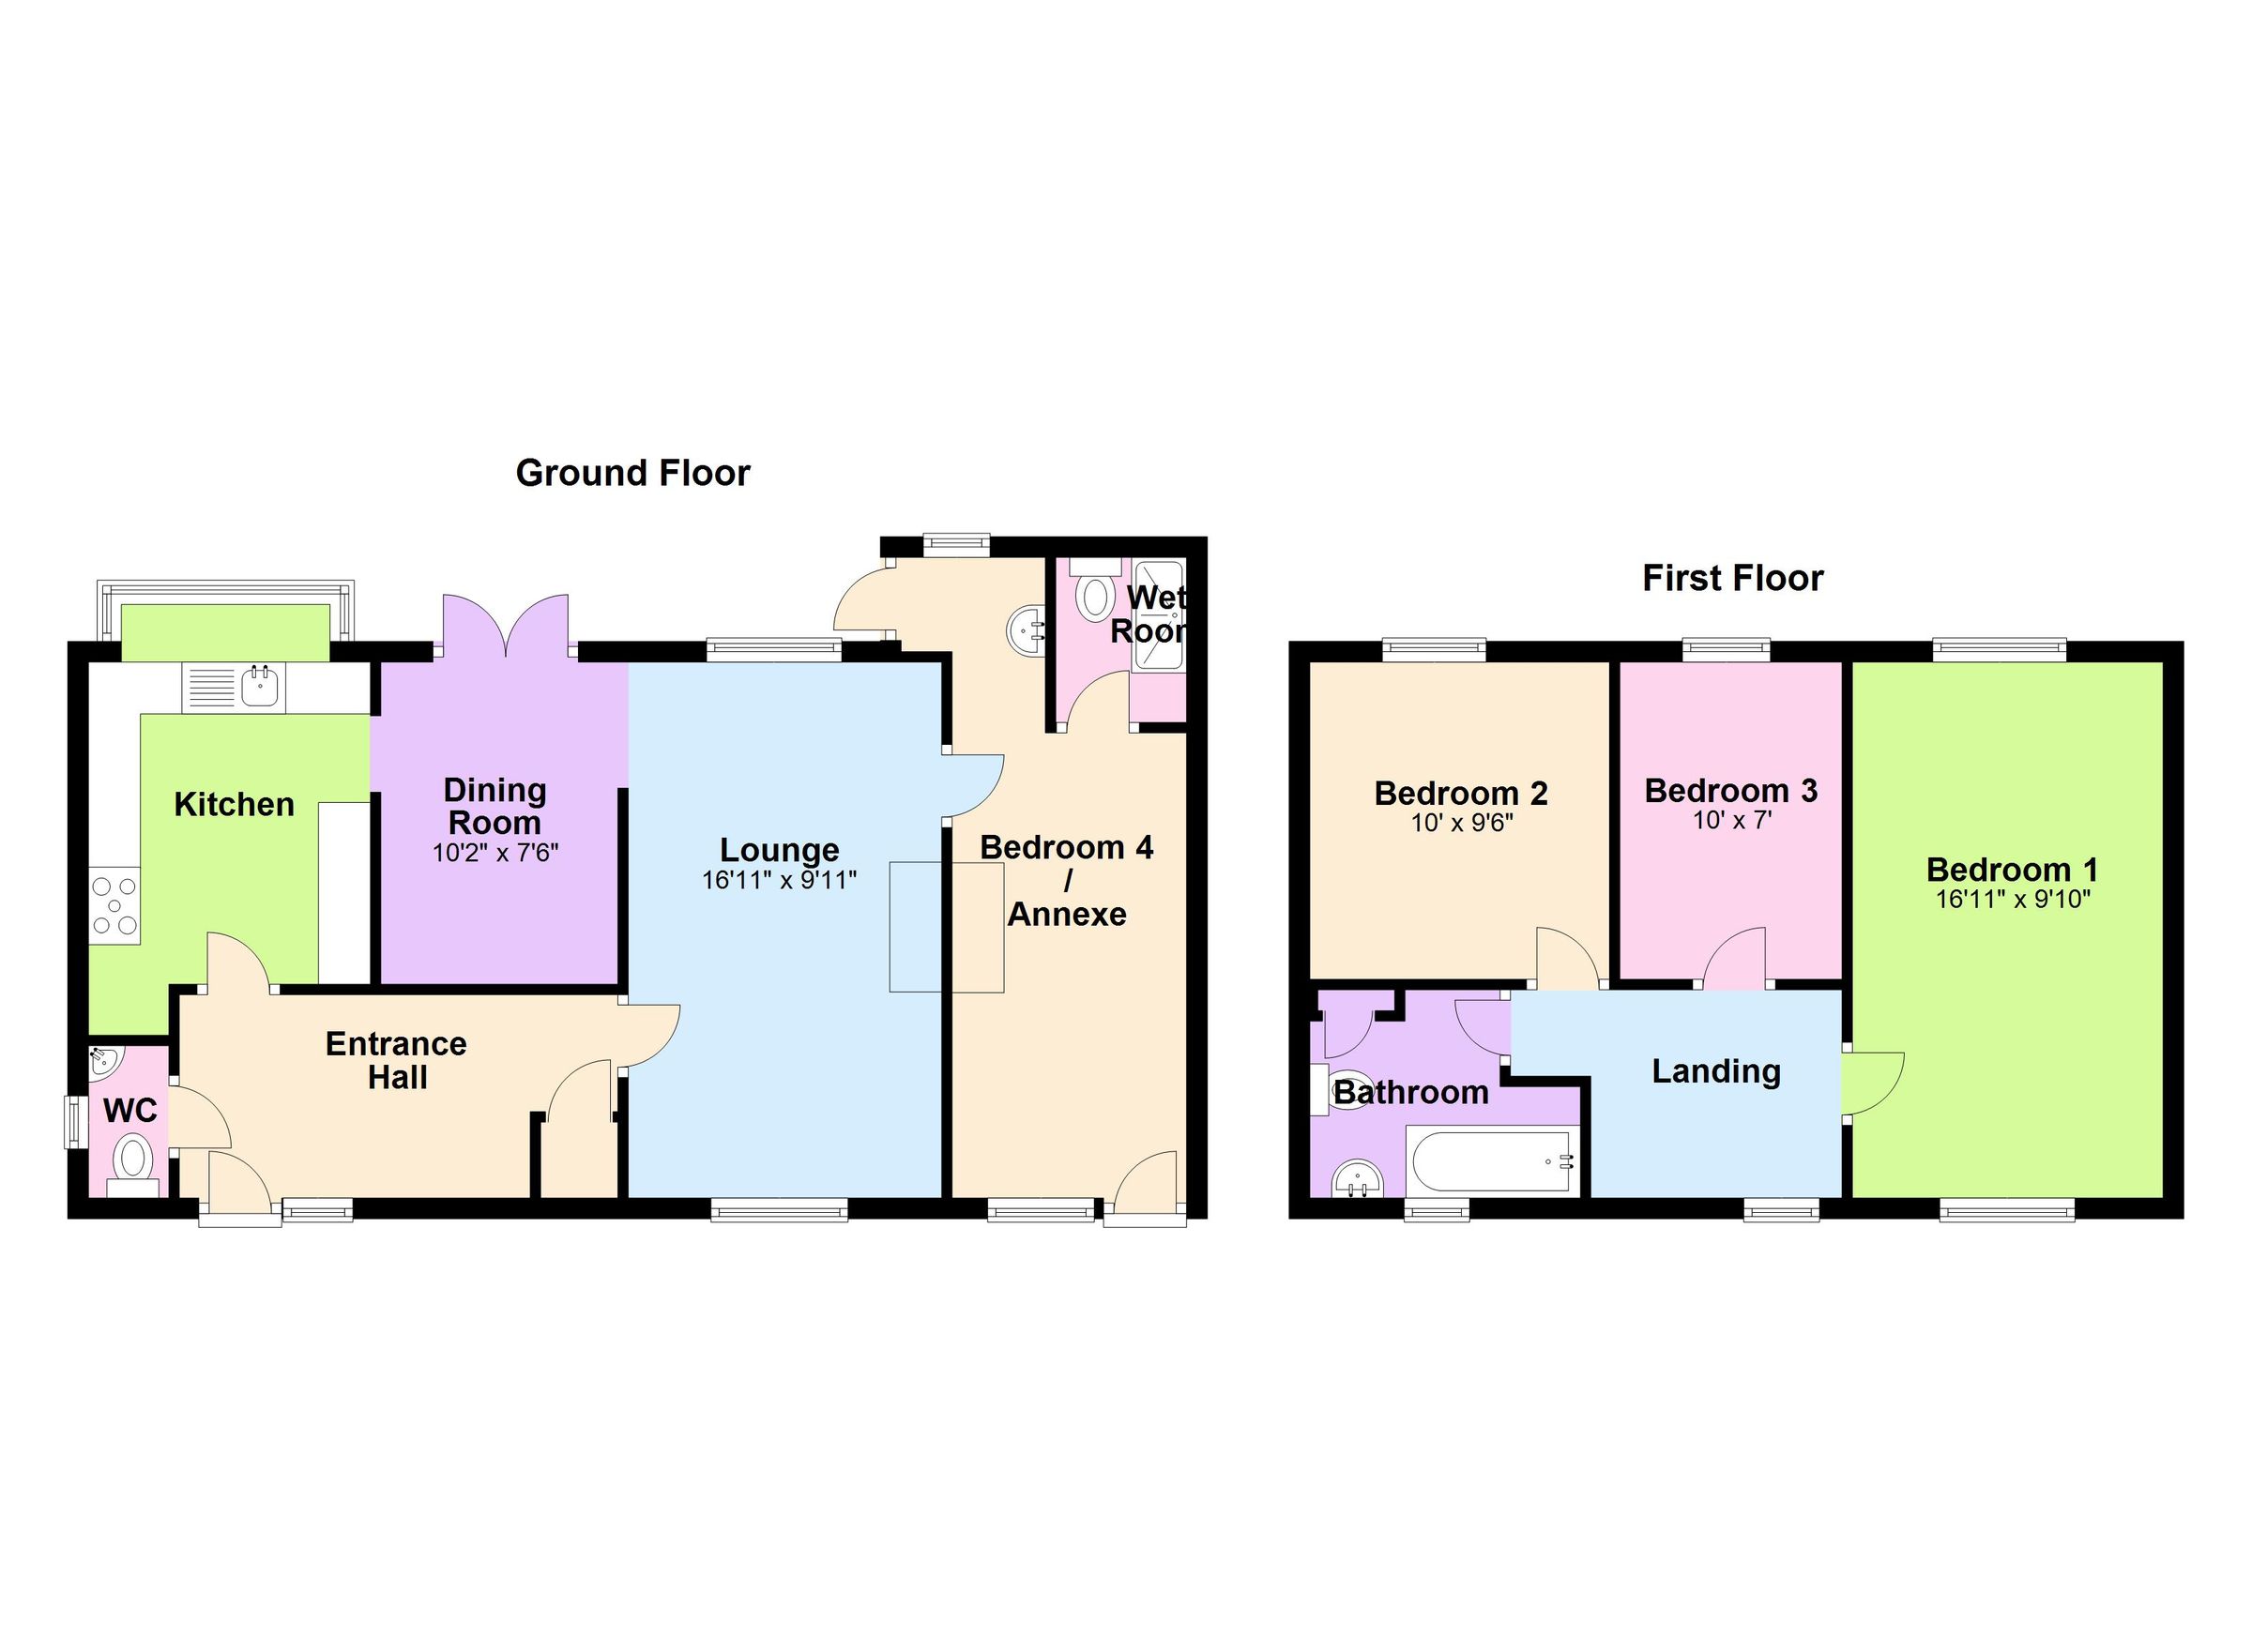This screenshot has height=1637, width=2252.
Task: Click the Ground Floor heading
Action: [x=632, y=474]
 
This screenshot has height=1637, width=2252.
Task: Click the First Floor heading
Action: [x=1732, y=579]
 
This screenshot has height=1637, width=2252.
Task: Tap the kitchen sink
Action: [x=260, y=686]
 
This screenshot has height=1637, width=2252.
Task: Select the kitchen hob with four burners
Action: [x=114, y=906]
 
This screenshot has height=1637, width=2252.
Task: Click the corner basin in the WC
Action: [x=103, y=1062]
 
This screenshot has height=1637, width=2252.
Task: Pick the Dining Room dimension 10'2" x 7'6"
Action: [x=495, y=854]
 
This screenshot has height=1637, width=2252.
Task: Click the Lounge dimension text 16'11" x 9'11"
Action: [x=779, y=881]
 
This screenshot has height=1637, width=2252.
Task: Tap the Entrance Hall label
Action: [x=396, y=1060]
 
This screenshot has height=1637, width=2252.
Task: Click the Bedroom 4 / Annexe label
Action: [x=1067, y=881]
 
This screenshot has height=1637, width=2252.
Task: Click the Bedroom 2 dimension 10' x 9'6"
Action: [x=1461, y=824]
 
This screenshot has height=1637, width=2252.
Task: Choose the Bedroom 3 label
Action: [x=1730, y=790]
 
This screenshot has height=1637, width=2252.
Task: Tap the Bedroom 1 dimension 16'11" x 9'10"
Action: [x=2012, y=901]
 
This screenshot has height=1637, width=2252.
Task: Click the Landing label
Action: [x=1716, y=1072]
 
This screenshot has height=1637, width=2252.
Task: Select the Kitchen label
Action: [x=235, y=804]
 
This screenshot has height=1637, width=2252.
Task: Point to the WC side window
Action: [x=73, y=1122]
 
